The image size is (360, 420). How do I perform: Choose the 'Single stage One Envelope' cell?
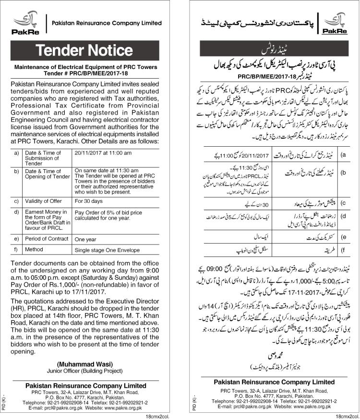click(x=106, y=250)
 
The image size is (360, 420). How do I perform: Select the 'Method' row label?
click(x=34, y=250)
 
